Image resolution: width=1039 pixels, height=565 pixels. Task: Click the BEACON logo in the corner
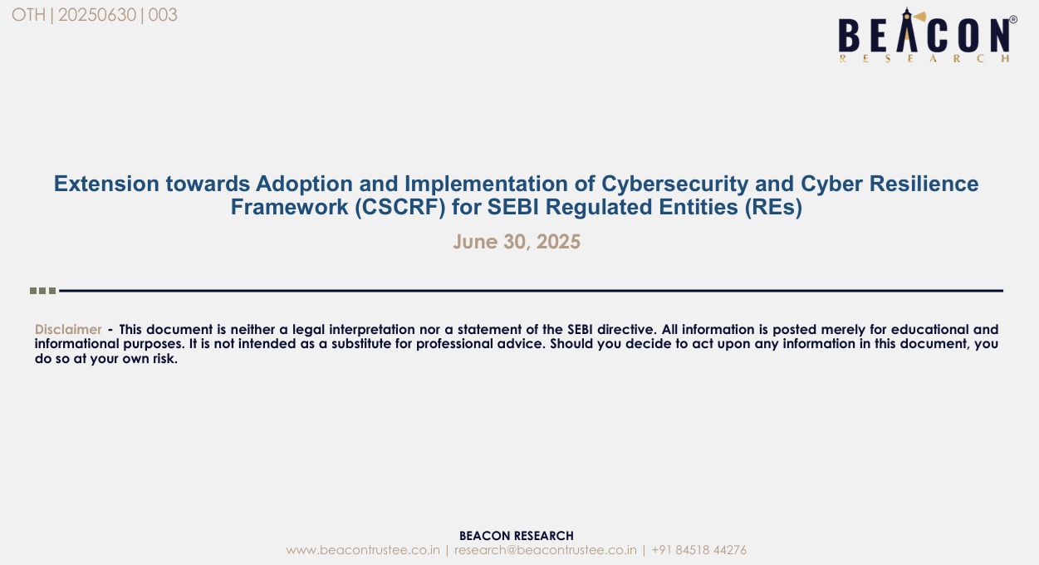(927, 35)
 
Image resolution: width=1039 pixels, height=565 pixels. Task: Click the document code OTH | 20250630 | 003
(95, 15)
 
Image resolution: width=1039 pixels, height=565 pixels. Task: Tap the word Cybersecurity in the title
(675, 184)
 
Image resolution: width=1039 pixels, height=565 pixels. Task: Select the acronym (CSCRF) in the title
(400, 207)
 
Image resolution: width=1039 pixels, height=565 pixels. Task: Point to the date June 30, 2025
(517, 242)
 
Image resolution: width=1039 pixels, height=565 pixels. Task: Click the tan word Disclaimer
(68, 329)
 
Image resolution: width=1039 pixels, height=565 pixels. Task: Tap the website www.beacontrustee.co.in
(363, 550)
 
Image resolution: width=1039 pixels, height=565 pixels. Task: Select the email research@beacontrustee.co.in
(546, 550)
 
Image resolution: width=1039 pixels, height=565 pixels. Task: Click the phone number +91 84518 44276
(699, 550)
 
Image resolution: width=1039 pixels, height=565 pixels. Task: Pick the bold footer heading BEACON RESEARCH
(517, 536)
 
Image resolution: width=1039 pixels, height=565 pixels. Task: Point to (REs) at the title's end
(774, 207)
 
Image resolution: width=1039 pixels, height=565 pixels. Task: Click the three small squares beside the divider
(42, 291)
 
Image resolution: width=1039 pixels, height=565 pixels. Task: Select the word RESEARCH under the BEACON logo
(924, 58)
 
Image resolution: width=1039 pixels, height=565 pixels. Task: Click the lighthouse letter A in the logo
(907, 29)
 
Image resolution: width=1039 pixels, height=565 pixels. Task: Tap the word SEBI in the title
(513, 207)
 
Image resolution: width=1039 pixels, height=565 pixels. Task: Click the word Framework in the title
(289, 207)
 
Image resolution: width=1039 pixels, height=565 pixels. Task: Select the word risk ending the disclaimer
(165, 359)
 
